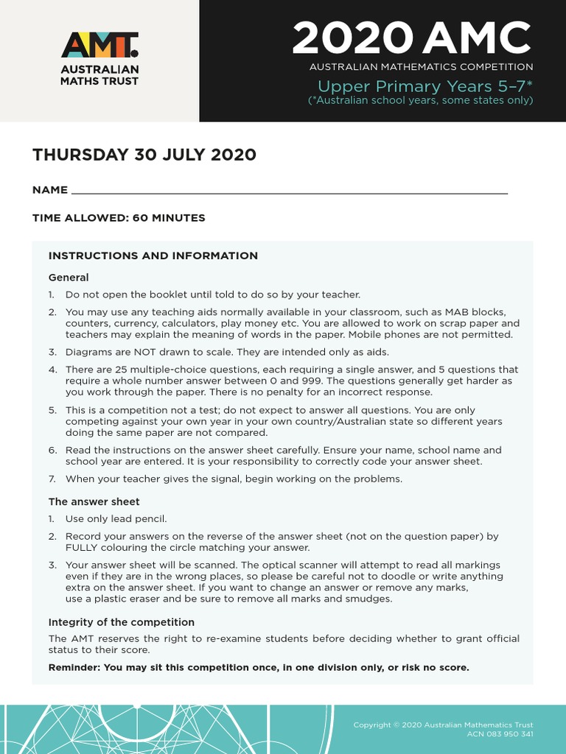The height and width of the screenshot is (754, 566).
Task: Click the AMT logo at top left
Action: click(99, 46)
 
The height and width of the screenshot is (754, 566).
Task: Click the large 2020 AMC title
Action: click(411, 38)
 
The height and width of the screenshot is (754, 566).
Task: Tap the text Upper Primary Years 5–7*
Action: click(420, 86)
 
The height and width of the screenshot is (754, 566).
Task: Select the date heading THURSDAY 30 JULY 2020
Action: click(144, 155)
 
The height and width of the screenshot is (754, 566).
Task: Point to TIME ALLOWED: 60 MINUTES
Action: click(119, 218)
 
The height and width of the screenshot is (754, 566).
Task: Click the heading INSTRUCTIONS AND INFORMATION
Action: click(153, 256)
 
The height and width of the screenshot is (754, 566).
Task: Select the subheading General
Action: click(69, 278)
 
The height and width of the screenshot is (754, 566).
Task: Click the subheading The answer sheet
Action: click(94, 501)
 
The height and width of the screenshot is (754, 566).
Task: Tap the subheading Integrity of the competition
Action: click(121, 622)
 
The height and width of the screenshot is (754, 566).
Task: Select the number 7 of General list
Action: click(52, 479)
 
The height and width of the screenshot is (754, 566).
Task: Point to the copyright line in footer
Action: click(443, 725)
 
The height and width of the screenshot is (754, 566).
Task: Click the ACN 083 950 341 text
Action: click(500, 734)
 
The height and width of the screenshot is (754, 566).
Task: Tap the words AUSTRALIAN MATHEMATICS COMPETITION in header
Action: click(421, 67)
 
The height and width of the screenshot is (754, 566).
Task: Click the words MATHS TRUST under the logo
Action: click(99, 81)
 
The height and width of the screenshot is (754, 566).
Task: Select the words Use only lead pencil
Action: click(116, 519)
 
